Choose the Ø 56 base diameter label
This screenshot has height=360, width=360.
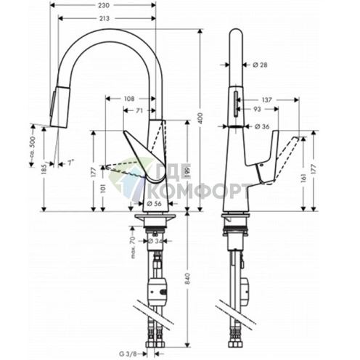[154, 204]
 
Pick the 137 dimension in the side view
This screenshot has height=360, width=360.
[266, 99]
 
